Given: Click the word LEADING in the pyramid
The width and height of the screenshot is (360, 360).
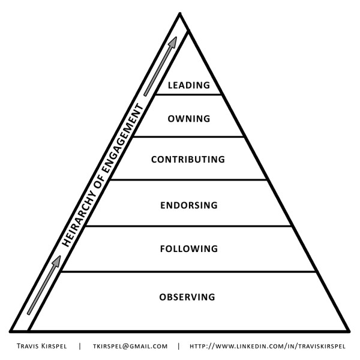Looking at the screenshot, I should coord(189,85).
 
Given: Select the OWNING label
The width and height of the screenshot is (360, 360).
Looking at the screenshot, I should coord(189,119).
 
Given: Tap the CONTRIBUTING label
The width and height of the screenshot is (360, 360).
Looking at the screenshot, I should coord(188,160).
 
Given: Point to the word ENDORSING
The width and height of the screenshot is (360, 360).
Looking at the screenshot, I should coord(188,205).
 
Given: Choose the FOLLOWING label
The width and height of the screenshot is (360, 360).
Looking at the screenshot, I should coord(188,248).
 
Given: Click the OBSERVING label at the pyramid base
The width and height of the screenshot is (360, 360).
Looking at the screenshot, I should coord(187,297).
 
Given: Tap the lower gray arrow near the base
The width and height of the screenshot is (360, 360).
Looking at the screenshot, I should coord(43,285).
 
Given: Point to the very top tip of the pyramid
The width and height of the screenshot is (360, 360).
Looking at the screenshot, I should coord(179,13).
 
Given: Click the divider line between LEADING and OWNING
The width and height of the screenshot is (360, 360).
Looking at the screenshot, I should coord(189,95).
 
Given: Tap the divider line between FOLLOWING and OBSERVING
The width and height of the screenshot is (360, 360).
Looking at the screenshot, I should coord(189,272).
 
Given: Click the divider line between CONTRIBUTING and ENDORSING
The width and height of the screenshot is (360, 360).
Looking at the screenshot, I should coord(189,180).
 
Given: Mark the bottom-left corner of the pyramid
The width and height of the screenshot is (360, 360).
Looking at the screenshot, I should coord(11,331).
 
